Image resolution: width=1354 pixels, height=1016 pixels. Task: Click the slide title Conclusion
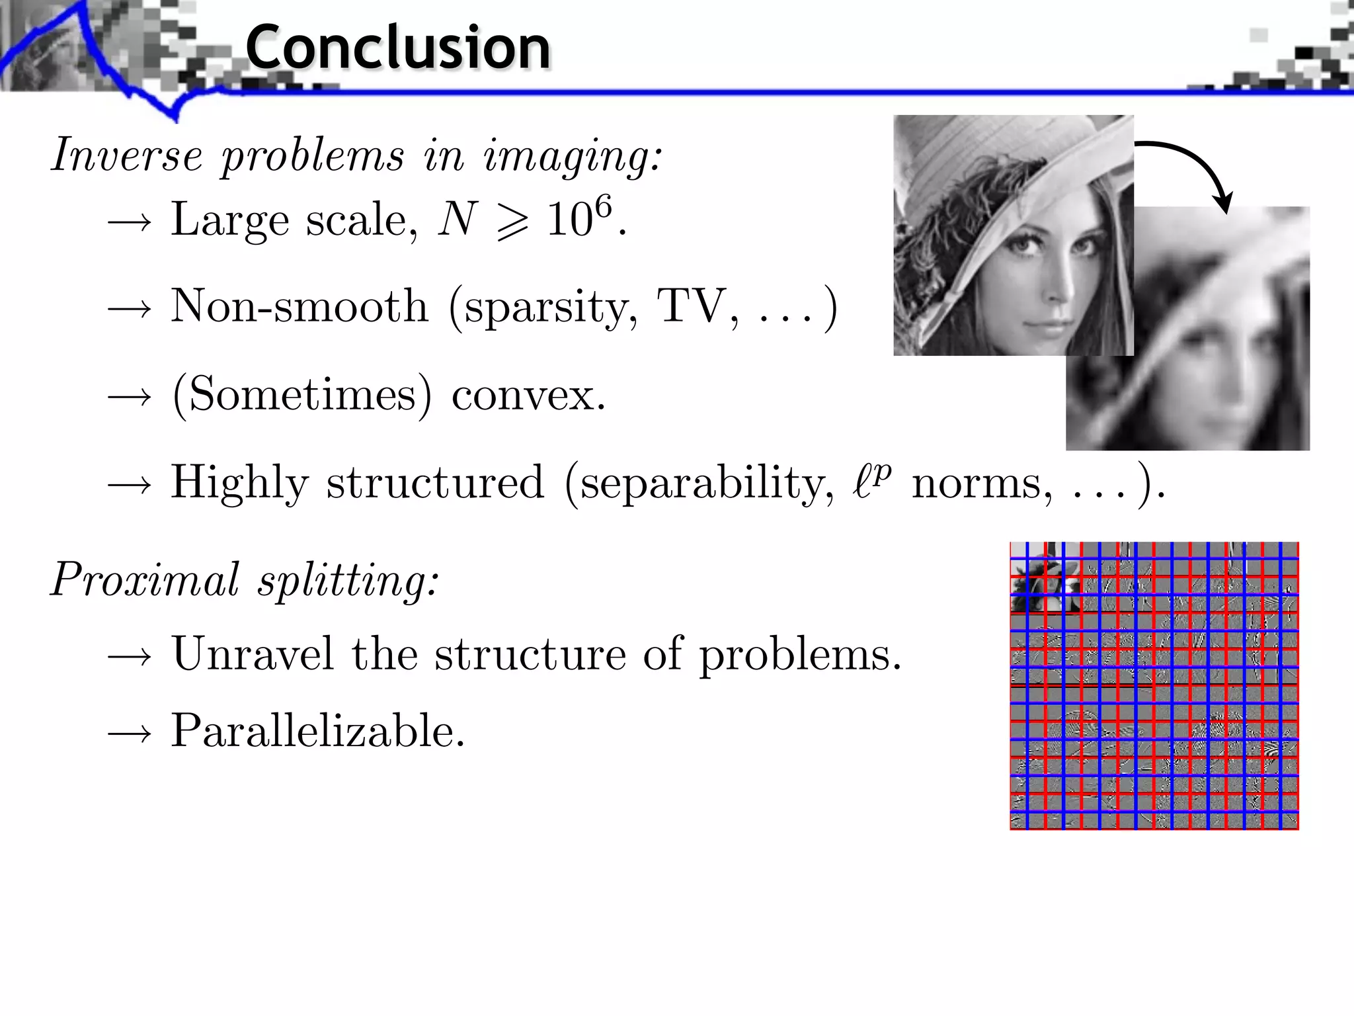(x=397, y=48)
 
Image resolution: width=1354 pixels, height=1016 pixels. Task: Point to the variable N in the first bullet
(x=457, y=220)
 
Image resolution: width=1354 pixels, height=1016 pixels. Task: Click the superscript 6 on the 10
(x=603, y=206)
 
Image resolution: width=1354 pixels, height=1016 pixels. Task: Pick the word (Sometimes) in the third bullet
(x=301, y=395)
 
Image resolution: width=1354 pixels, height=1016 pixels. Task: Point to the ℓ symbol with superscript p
(x=871, y=480)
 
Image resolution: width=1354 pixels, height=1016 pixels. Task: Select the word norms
(x=982, y=484)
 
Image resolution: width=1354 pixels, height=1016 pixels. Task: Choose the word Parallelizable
(x=317, y=732)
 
